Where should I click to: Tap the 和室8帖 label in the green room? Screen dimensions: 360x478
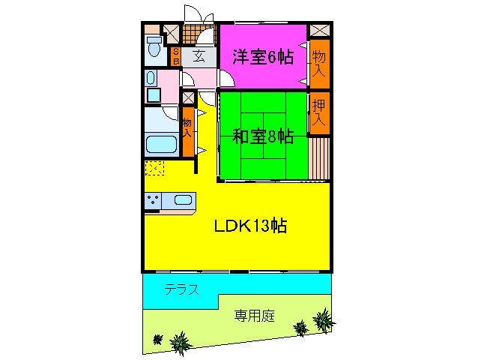[261, 136]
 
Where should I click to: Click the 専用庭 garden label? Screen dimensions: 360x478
[252, 316]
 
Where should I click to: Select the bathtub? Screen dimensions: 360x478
[160, 145]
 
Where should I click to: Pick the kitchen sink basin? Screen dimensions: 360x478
[184, 199]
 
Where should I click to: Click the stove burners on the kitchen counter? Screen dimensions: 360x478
[154, 199]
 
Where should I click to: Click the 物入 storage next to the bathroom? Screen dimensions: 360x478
[187, 127]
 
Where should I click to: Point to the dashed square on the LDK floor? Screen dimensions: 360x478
[154, 169]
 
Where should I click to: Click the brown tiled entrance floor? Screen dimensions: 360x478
[199, 34]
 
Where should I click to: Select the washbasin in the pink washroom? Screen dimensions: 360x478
[152, 79]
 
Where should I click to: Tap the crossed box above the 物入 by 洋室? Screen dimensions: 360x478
[319, 31]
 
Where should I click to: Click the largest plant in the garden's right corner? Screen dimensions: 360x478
[324, 320]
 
